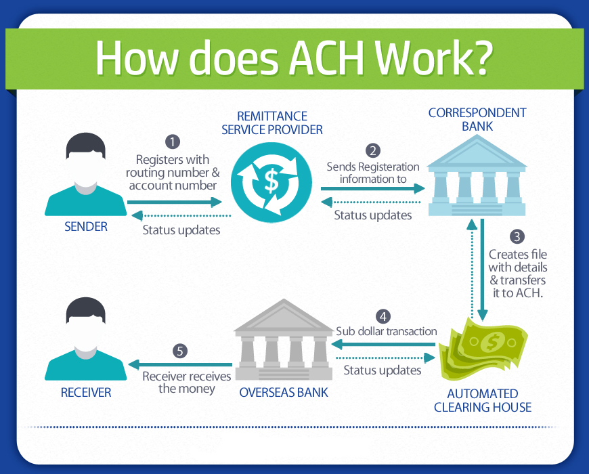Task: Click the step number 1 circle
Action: [173, 142]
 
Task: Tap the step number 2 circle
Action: [373, 150]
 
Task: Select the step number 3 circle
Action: [517, 236]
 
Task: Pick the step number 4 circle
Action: [383, 316]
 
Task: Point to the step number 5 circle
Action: [180, 351]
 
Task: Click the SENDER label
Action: [86, 226]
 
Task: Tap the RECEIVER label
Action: [86, 393]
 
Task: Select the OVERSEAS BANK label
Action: [284, 393]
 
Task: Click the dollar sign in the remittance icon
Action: [271, 181]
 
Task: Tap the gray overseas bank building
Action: [284, 339]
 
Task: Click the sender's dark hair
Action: [86, 145]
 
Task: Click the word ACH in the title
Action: [326, 58]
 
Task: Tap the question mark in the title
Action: [481, 58]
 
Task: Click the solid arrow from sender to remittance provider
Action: [175, 202]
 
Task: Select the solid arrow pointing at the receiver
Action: [180, 365]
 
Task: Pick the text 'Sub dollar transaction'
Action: [386, 331]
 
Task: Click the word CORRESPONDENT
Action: [477, 112]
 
